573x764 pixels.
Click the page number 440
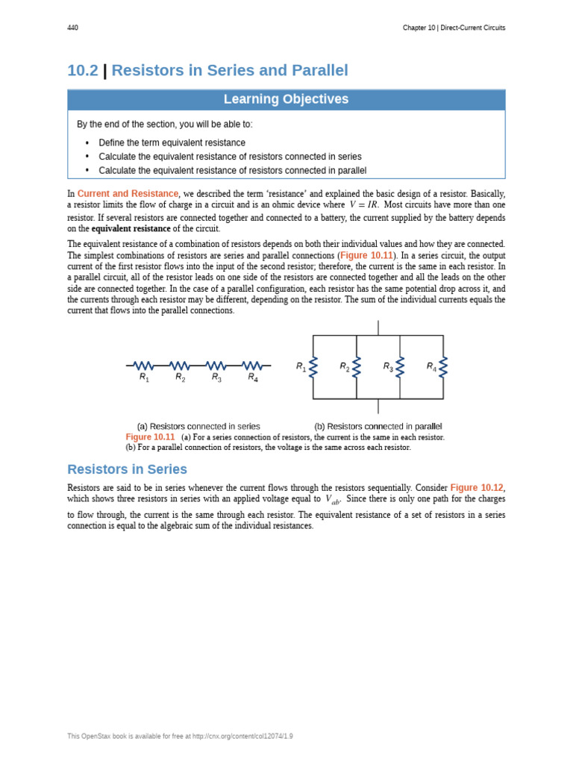point(72,28)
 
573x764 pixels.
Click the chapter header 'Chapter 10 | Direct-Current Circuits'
point(454,28)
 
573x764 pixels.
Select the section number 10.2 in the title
point(82,71)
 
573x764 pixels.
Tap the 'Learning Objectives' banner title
point(286,99)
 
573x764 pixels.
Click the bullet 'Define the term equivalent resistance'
point(172,143)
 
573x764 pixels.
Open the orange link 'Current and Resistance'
point(128,193)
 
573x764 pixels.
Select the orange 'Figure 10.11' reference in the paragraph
point(366,255)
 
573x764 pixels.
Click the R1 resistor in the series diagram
point(143,366)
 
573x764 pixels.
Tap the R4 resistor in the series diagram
point(253,366)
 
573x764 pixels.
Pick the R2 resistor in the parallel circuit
point(357,367)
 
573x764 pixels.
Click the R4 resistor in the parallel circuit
point(443,367)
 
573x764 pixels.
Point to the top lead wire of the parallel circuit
point(378,328)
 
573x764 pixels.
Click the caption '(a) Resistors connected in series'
point(198,427)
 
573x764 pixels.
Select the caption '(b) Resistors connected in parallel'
point(378,427)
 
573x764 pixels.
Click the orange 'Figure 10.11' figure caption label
point(150,437)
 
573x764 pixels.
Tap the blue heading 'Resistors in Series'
point(127,469)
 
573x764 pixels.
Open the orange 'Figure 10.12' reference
point(477,487)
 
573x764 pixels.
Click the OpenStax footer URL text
point(180,736)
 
